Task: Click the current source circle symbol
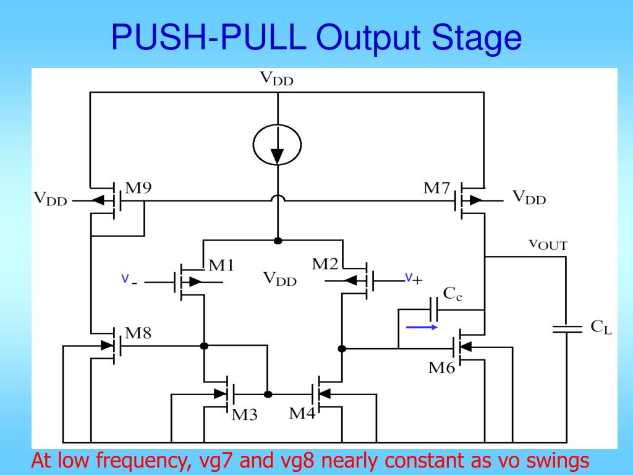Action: click(x=278, y=145)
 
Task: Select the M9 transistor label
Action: click(x=138, y=188)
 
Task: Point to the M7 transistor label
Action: click(x=436, y=188)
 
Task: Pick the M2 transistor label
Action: click(x=325, y=264)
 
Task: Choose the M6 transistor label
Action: click(x=442, y=369)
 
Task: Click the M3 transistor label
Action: click(x=244, y=415)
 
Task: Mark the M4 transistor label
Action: click(x=302, y=413)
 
